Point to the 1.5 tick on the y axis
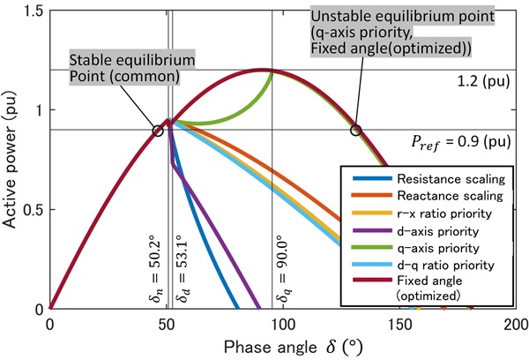[33, 10]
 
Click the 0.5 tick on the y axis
[33, 209]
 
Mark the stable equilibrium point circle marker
[158, 131]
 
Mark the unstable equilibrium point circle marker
[355, 131]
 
